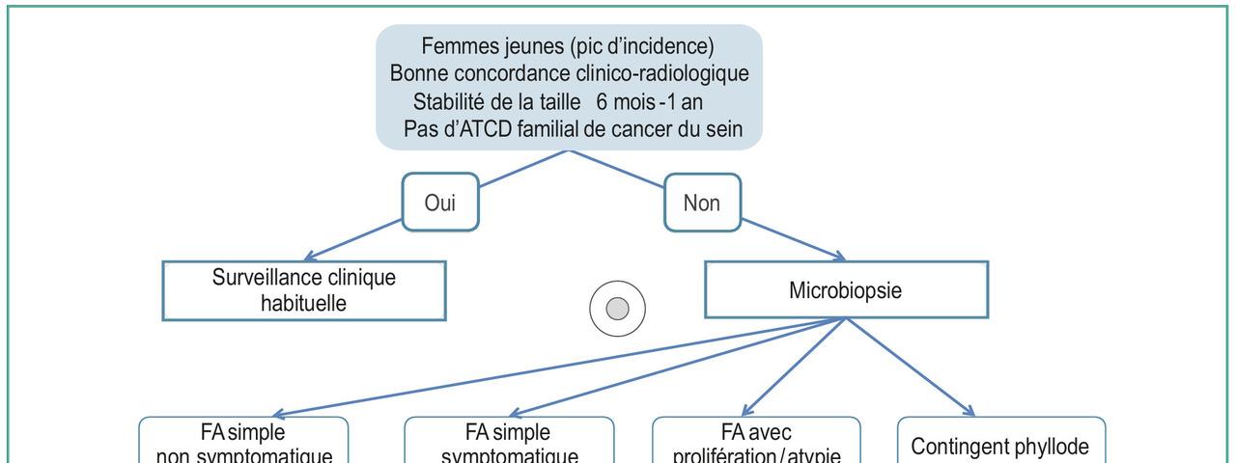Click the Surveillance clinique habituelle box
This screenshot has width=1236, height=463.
pyautogui.click(x=304, y=290)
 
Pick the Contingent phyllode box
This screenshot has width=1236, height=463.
pyautogui.click(x=1001, y=446)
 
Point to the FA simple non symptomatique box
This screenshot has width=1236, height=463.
pyautogui.click(x=244, y=442)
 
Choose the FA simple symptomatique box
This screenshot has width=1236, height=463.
pyautogui.click(x=509, y=442)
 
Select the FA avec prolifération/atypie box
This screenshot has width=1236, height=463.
pyautogui.click(x=756, y=442)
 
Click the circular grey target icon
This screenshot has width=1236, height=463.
pyautogui.click(x=617, y=309)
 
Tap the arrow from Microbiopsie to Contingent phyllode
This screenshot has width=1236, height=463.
pyautogui.click(x=908, y=366)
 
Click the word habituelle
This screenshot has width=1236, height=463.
pyautogui.click(x=304, y=302)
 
